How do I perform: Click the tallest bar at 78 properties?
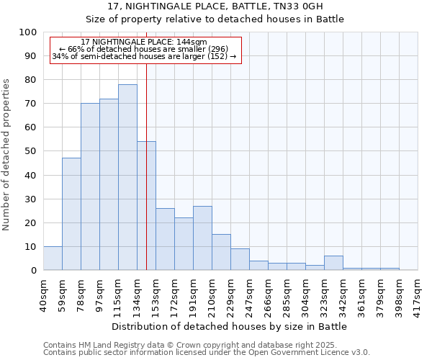point(127,177)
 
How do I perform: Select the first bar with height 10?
point(53,258)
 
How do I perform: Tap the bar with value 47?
point(71,214)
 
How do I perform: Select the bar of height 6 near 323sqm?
point(333,263)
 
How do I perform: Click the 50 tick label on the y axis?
point(31,151)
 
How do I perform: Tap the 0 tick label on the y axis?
point(34,271)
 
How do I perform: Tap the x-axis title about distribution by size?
point(230,327)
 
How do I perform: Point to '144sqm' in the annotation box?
point(192,42)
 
